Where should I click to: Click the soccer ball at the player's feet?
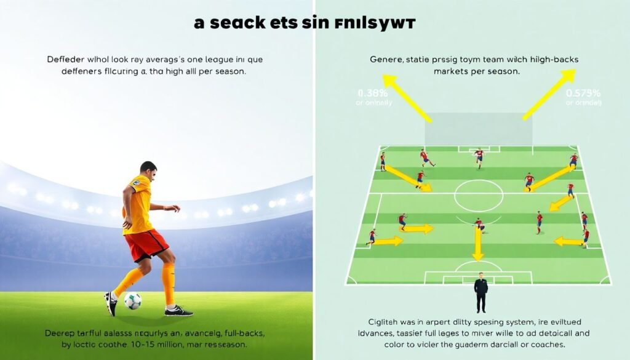tap(132, 301)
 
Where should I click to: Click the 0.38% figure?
tap(372, 94)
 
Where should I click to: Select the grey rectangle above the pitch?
tap(479, 128)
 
